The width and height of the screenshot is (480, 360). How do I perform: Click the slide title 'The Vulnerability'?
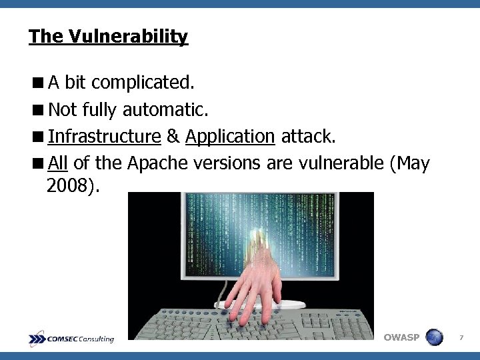pos(109,36)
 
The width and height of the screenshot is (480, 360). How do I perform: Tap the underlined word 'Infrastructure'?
pos(104,137)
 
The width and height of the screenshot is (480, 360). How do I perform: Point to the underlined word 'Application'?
pos(230,137)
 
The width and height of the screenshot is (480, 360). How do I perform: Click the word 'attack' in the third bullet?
pos(307,137)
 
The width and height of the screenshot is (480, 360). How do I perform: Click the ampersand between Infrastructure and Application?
pos(173,137)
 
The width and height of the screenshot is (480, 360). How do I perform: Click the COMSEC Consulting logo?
pos(71,339)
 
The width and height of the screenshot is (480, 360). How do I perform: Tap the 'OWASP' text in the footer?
pos(402,337)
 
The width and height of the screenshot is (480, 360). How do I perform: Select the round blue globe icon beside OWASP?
pos(434,337)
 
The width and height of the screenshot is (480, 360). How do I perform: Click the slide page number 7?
pos(462,339)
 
